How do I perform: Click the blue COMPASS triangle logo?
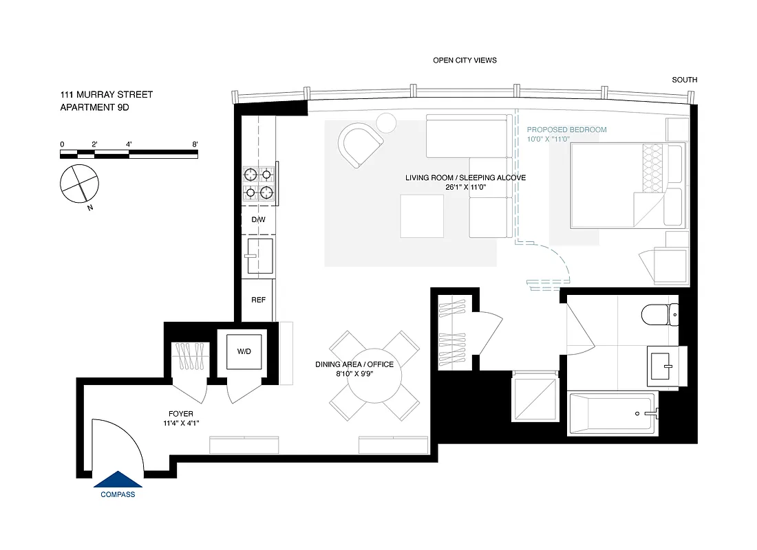[x=118, y=479]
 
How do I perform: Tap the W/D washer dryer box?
[x=244, y=351]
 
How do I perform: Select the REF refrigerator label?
[x=258, y=300]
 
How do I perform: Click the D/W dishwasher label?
[x=258, y=220]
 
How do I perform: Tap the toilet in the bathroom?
[x=659, y=315]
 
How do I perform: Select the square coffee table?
[x=423, y=216]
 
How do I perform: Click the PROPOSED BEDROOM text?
[x=566, y=129]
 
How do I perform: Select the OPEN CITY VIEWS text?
[x=465, y=60]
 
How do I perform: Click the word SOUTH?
[x=684, y=80]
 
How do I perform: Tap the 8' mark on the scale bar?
[x=195, y=144]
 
